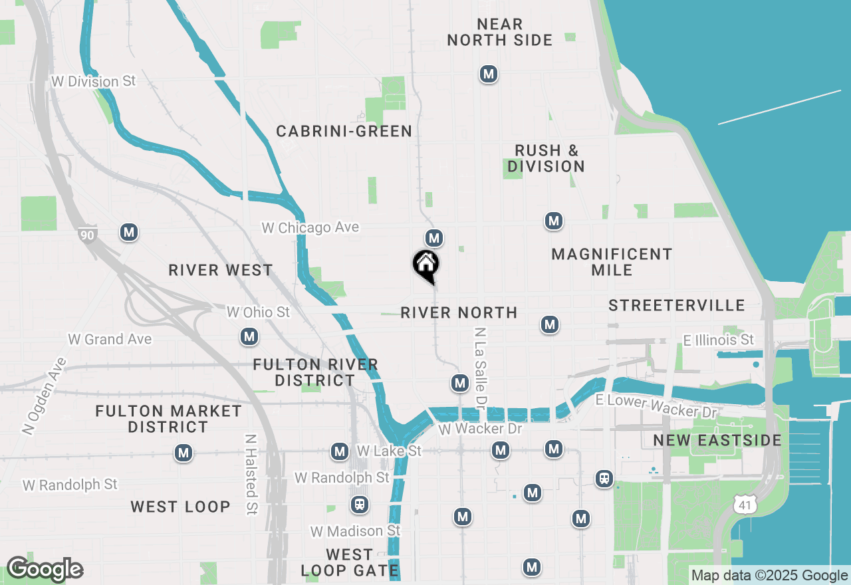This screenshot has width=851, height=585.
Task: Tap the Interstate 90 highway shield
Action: point(86,235)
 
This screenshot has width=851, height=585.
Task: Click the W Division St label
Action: point(94,81)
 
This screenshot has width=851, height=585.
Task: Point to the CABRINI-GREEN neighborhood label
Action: point(344,131)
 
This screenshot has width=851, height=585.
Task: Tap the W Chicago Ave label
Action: point(310,227)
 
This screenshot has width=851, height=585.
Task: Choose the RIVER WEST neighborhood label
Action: point(221,270)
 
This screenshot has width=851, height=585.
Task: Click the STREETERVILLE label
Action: point(677,305)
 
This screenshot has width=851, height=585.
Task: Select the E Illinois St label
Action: point(719,340)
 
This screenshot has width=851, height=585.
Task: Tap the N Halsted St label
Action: point(251,475)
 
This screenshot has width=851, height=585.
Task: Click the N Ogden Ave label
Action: point(45,396)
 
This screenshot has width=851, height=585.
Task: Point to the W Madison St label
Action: point(356,531)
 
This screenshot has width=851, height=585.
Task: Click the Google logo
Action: point(45,570)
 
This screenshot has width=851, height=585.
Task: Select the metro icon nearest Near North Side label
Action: point(489,74)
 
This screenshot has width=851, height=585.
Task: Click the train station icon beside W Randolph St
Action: point(360,505)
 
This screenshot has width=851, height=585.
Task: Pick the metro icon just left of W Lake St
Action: point(340,452)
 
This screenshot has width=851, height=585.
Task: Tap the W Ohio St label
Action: point(259,312)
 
